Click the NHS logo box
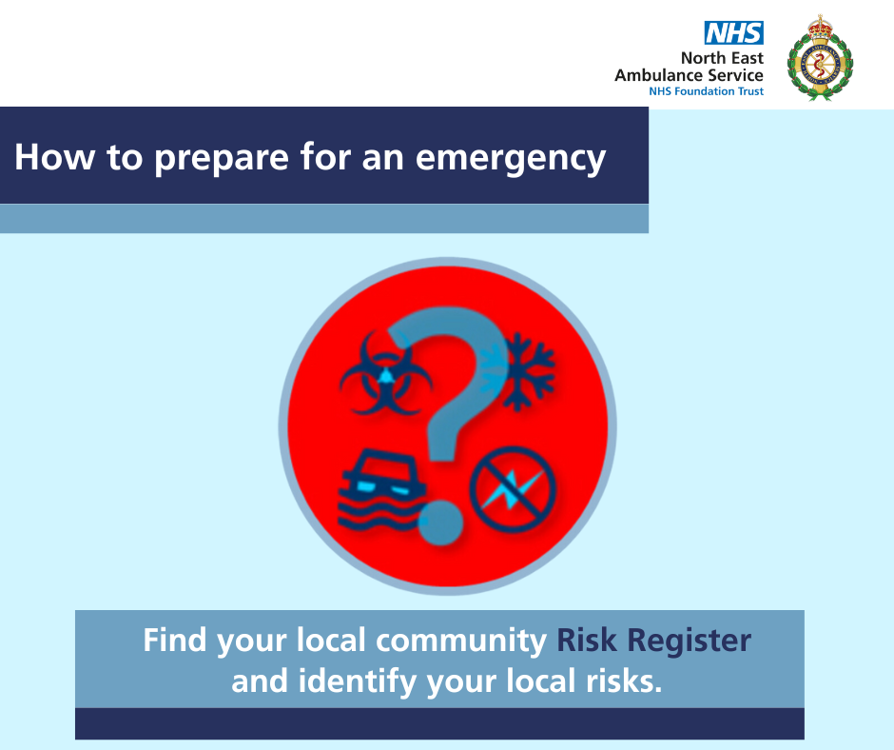tap(734, 33)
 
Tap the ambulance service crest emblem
tap(820, 58)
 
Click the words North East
tap(722, 58)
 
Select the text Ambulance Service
tap(689, 75)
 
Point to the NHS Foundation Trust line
tap(706, 91)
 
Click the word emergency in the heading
tap(511, 158)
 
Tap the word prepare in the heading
tap(222, 158)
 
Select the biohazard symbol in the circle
tap(386, 373)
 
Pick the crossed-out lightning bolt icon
tap(513, 489)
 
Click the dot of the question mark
tap(440, 523)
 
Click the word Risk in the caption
tap(587, 640)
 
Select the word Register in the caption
tap(689, 641)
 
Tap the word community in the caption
tap(461, 641)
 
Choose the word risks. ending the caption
tap(624, 681)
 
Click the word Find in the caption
tap(174, 640)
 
